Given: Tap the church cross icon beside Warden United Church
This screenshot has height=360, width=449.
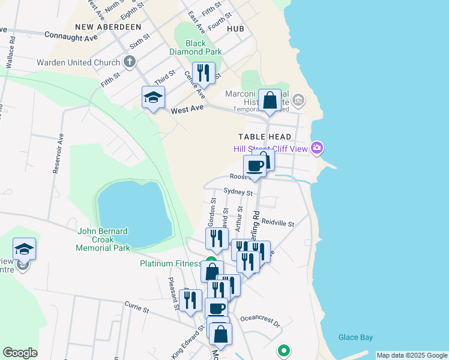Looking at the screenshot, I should (x=129, y=62).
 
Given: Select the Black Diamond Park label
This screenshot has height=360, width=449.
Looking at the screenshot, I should (x=196, y=47).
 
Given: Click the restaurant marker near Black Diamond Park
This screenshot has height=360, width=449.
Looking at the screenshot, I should (x=203, y=74).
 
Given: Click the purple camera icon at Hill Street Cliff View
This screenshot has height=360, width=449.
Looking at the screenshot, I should (x=318, y=148).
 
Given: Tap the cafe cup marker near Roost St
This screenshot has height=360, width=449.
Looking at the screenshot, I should (x=255, y=166).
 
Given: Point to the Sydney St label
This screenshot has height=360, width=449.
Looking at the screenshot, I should (x=238, y=192).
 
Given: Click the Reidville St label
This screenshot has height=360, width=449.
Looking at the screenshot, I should (x=277, y=224).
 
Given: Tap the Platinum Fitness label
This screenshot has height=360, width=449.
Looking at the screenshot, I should (x=170, y=263).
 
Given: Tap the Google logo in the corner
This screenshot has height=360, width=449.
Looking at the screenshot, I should (x=20, y=353).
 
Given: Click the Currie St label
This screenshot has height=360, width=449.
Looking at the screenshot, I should (x=136, y=310).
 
